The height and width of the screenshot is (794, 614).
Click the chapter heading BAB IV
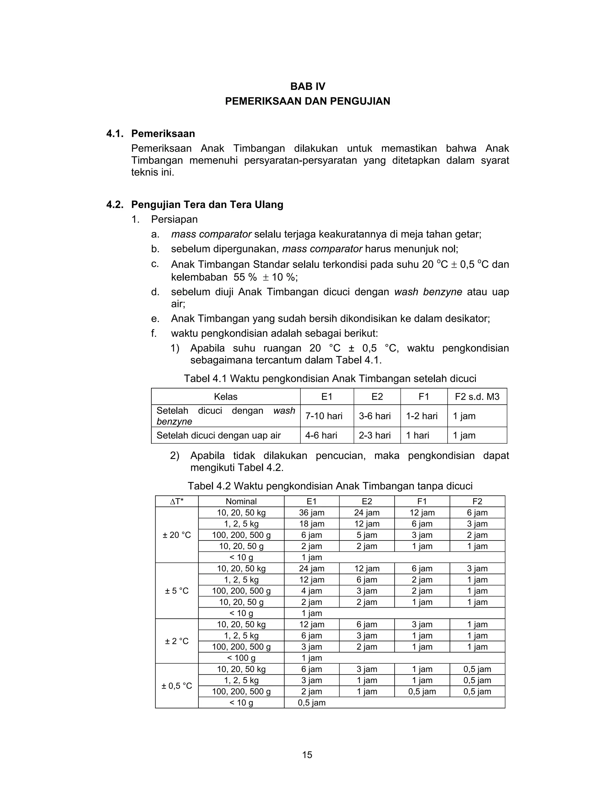tap(307, 87)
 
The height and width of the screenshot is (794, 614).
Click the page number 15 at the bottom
tap(307, 755)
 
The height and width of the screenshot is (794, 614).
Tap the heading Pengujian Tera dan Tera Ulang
tap(207, 205)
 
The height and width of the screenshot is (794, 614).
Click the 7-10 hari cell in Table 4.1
tap(324, 416)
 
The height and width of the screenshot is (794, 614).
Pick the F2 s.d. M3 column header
tap(477, 396)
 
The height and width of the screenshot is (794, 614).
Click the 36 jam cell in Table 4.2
tap(311, 513)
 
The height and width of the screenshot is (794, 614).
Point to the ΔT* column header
tap(177, 501)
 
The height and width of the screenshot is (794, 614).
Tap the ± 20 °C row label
tap(177, 535)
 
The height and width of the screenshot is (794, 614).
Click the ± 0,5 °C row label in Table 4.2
tap(177, 686)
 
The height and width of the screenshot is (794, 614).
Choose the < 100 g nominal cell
tap(241, 658)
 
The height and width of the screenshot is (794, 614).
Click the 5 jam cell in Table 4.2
tap(367, 535)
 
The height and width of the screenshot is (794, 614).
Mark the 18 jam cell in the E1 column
tap(311, 524)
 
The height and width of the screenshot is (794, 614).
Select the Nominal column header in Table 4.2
tap(241, 501)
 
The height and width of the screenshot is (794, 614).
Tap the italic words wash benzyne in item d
tap(428, 292)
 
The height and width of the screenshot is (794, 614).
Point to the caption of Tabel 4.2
tap(329, 486)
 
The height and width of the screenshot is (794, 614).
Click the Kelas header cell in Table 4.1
tap(225, 396)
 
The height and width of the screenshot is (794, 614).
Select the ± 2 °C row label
tap(177, 641)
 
